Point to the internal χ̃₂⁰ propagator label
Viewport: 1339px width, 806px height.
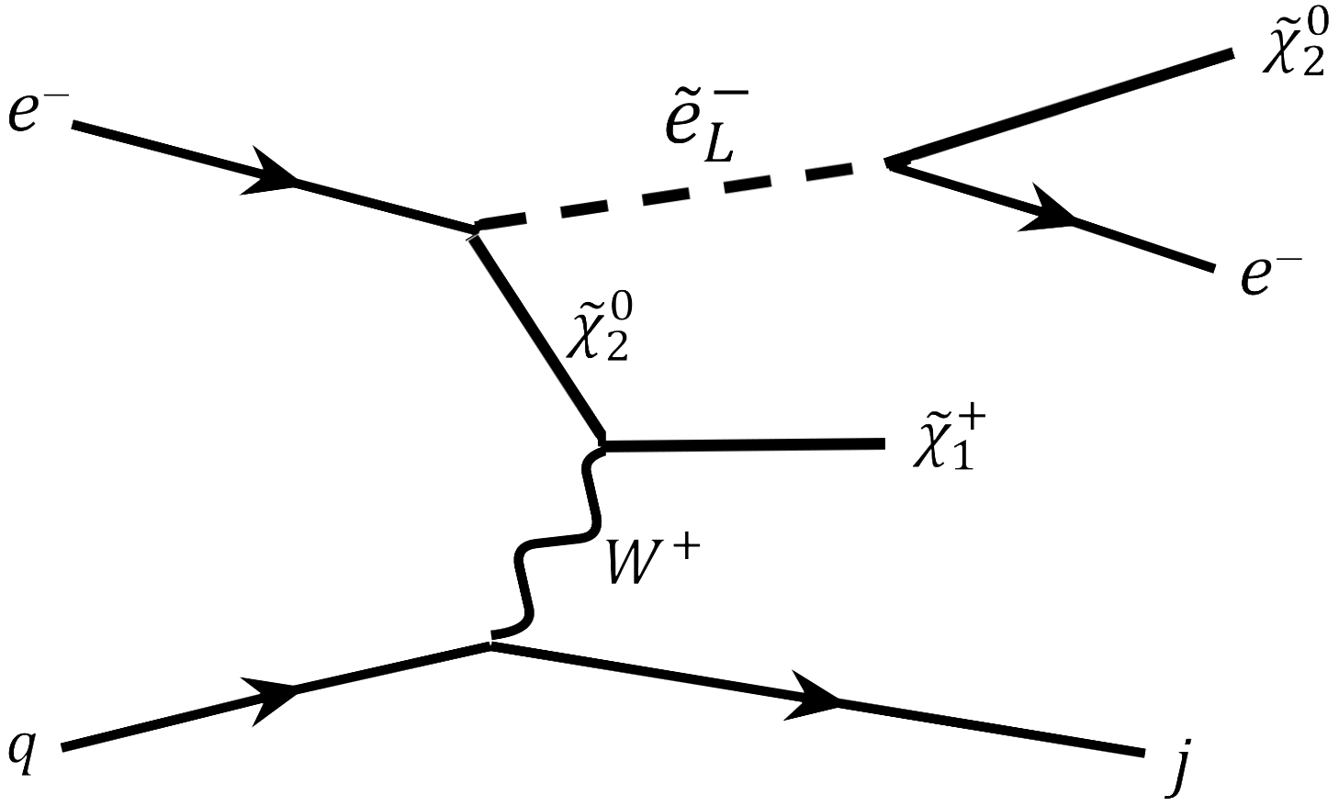tap(598, 325)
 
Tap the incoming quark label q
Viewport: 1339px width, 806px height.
tap(22, 750)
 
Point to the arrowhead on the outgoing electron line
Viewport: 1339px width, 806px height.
tap(1047, 213)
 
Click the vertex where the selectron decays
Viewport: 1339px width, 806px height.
tap(887, 163)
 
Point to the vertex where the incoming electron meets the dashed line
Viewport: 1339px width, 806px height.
tap(474, 228)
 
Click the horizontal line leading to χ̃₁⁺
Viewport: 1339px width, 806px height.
tap(744, 445)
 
